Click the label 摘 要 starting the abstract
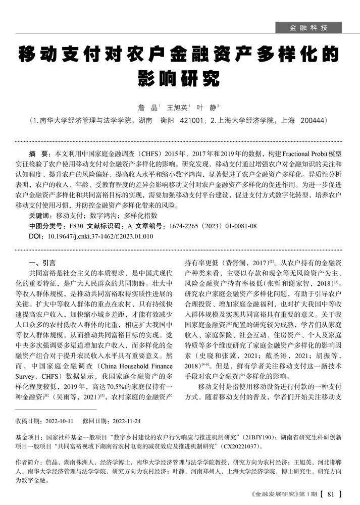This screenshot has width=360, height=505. point(39,153)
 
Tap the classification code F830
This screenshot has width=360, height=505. point(76,226)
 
